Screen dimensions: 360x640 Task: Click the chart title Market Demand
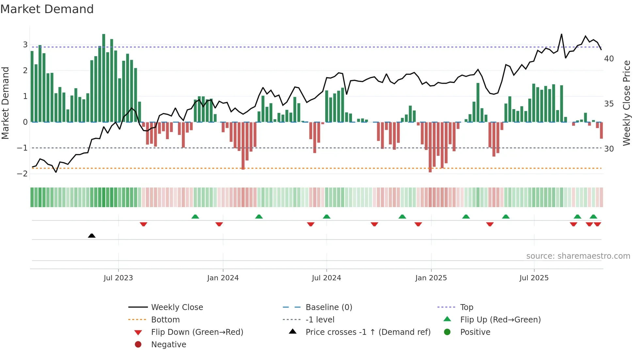click(x=47, y=9)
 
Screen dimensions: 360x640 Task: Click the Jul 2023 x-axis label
click(x=118, y=278)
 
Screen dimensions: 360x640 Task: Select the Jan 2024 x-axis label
click(x=223, y=278)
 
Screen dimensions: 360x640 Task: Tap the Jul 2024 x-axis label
click(x=326, y=278)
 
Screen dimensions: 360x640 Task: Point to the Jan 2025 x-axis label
click(x=431, y=278)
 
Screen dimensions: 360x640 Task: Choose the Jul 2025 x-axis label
click(x=534, y=278)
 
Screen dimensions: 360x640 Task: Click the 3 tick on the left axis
click(x=25, y=44)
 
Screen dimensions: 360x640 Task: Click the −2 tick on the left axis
click(x=23, y=173)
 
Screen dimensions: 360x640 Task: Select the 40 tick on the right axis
click(x=609, y=59)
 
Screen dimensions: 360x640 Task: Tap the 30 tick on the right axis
click(x=609, y=149)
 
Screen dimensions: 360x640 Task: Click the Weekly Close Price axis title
click(x=626, y=103)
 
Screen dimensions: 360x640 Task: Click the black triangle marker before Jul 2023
click(x=92, y=236)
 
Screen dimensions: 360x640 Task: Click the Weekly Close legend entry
click(x=177, y=307)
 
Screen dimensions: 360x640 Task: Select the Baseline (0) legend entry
click(x=328, y=307)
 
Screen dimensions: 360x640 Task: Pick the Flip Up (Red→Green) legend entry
click(x=500, y=319)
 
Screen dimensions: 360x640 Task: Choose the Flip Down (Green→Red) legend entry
click(x=197, y=332)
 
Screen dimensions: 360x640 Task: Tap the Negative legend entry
click(x=168, y=344)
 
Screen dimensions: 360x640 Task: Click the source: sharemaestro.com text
click(x=578, y=256)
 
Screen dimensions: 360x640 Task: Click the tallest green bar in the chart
click(x=104, y=78)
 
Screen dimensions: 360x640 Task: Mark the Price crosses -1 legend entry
click(x=368, y=332)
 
